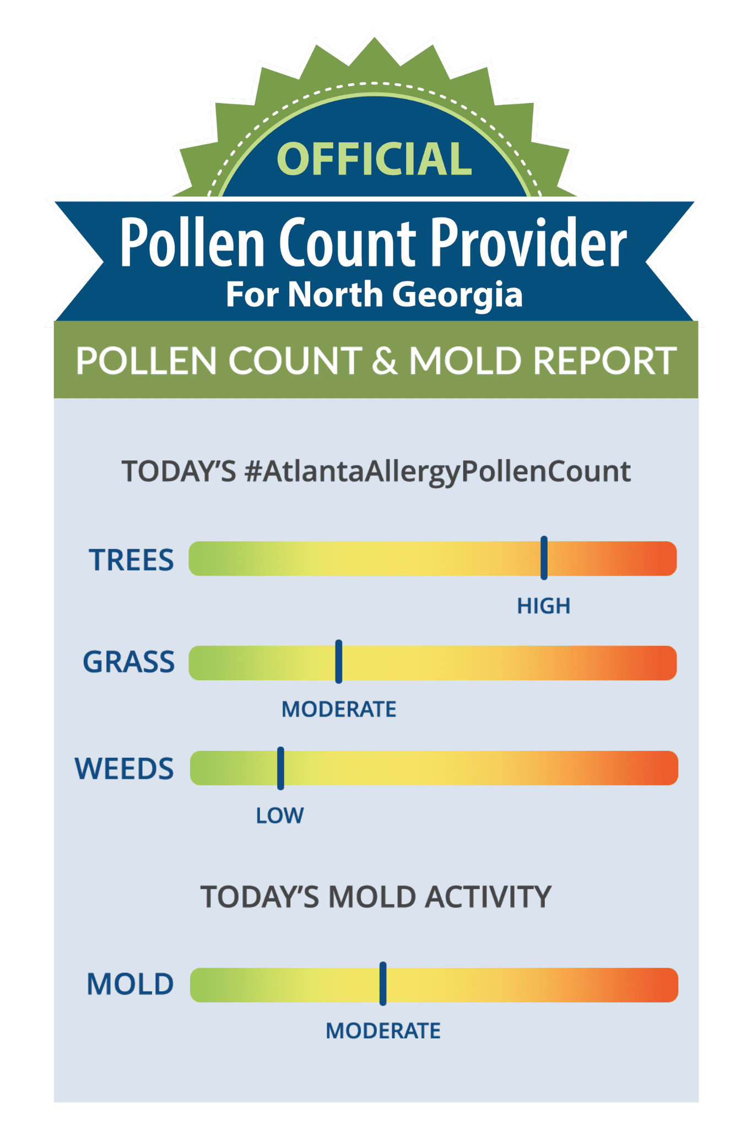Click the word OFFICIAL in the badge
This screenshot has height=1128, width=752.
point(375,159)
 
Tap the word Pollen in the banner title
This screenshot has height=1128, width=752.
point(193,242)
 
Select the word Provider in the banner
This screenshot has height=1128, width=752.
point(528,242)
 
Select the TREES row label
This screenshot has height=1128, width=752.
point(132,560)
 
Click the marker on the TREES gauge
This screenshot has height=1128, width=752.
point(544,557)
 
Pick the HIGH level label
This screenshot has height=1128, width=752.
point(544,606)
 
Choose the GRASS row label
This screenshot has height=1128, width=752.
point(128,661)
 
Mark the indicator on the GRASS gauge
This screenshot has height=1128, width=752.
point(339,661)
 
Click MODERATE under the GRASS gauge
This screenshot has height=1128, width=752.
point(339,709)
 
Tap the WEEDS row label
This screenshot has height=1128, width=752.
point(125,768)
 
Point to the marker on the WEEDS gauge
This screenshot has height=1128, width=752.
point(280,768)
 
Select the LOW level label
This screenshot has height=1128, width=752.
point(280,816)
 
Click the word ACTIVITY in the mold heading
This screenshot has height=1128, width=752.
point(488,897)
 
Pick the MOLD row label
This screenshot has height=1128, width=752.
point(131,984)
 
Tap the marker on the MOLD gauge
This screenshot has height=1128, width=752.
point(383,984)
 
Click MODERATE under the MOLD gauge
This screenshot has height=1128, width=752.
point(383,1031)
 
